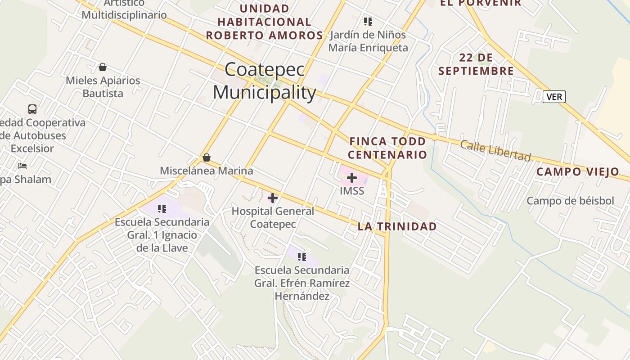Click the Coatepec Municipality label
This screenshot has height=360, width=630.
coord(265,81)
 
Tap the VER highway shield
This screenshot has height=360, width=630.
coord(553,97)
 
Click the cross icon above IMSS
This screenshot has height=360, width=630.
coord(352,178)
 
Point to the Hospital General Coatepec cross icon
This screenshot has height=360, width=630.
coord(273,198)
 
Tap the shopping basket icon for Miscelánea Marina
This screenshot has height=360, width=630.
coord(207,157)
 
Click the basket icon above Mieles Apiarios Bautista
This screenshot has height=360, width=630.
coord(103,67)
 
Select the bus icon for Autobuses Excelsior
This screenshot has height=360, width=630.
coord(32,109)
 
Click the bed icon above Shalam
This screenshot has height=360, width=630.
coord(22,166)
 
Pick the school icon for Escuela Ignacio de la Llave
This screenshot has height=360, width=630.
coord(162,208)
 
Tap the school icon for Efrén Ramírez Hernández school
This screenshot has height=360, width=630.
coord(301,257)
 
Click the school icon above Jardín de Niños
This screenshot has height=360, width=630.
coord(368,21)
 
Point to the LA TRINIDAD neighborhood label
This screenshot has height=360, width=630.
coord(397,226)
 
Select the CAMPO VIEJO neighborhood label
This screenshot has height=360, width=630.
coord(578,171)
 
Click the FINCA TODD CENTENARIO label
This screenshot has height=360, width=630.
coord(387,148)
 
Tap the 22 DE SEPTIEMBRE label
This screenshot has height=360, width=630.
coord(476,64)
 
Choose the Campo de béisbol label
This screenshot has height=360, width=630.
coord(570,201)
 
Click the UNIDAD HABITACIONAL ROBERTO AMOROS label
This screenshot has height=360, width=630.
coord(265,22)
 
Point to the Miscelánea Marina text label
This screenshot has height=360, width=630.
coord(207,171)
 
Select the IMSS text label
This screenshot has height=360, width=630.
coord(352,191)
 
